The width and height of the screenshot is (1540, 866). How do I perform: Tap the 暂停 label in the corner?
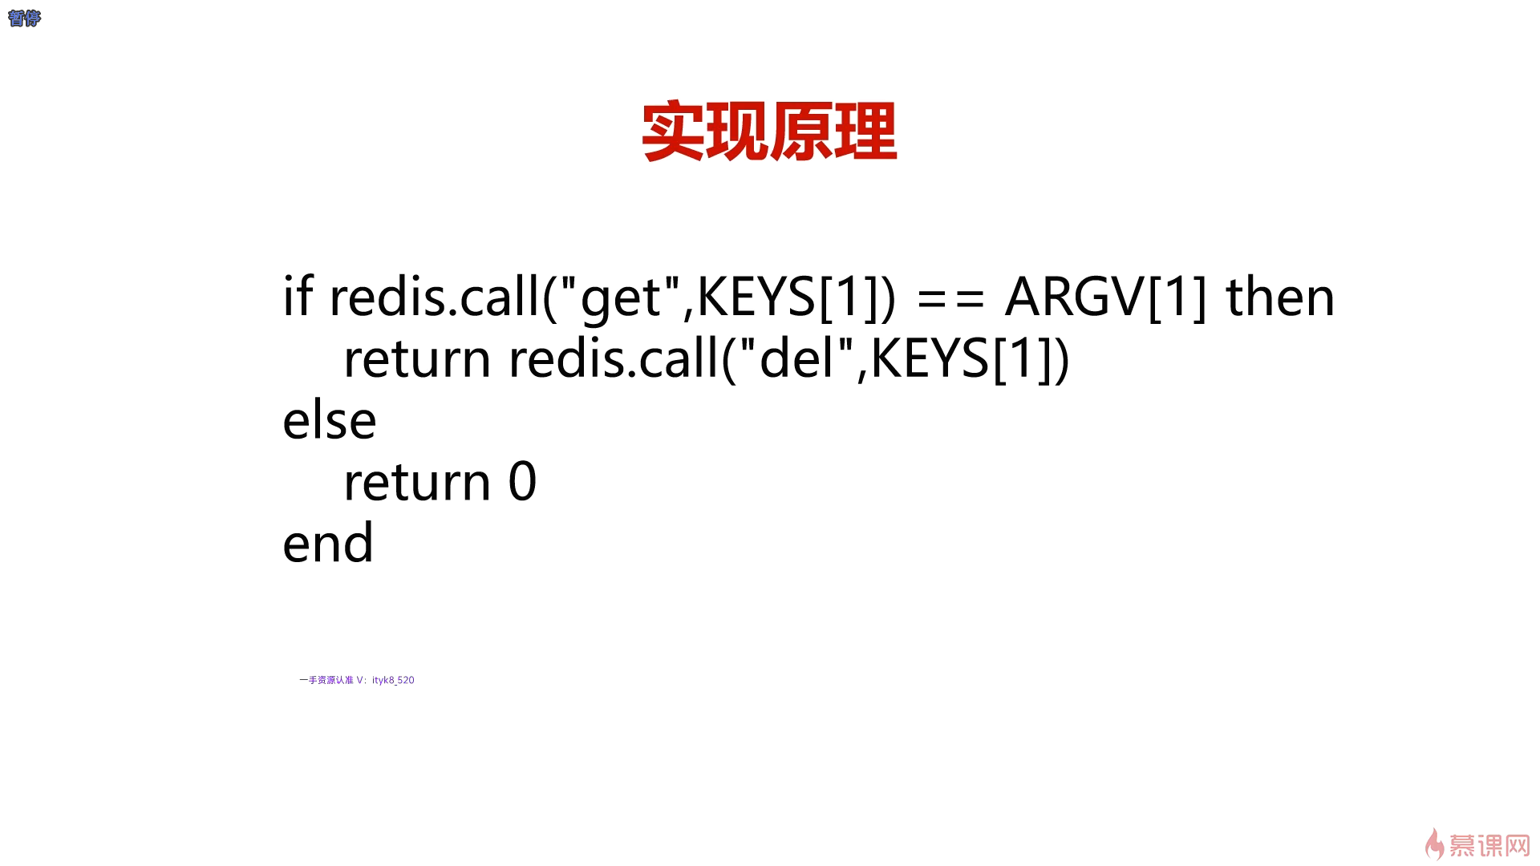pos(24,18)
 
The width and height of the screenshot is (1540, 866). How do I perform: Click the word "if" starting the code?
pos(298,295)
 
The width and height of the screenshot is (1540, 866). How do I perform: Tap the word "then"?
pos(1280,297)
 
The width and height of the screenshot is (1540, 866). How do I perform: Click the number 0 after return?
pos(523,482)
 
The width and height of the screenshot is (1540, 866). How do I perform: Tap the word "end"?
pos(328,542)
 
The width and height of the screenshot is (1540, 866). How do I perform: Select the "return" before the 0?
pos(417,482)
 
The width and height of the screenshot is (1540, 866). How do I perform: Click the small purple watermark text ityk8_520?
pos(393,680)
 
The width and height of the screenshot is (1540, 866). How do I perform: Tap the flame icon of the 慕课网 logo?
pos(1434,844)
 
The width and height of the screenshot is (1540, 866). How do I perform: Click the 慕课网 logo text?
pos(1489,846)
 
